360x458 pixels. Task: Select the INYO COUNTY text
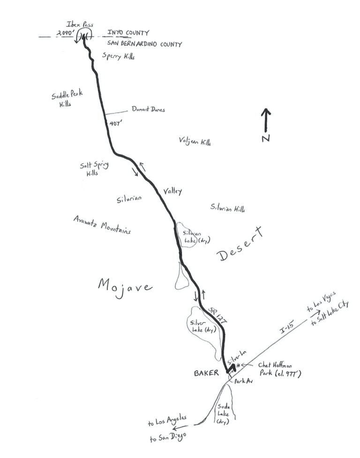click(128, 33)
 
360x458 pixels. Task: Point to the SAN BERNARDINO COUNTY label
click(144, 44)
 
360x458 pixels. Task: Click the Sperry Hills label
click(118, 56)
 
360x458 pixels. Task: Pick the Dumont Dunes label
click(148, 109)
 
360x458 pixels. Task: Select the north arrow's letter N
click(266, 138)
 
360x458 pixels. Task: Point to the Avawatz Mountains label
click(102, 225)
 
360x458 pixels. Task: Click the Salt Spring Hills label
click(91, 169)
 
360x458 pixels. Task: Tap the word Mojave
click(125, 285)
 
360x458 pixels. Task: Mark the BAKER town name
click(206, 374)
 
